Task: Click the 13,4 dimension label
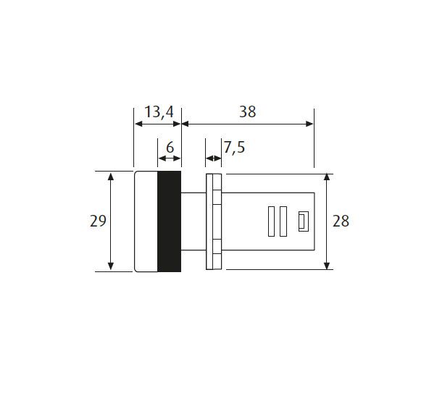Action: click(159, 112)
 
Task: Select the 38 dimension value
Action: click(248, 111)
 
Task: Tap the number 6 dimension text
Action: click(170, 148)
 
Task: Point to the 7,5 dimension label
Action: click(234, 148)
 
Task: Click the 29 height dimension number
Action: click(98, 221)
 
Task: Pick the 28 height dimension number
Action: click(341, 221)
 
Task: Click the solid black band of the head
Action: click(170, 221)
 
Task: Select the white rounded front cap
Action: click(146, 221)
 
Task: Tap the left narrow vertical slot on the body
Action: click(272, 221)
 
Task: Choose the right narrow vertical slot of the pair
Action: click(283, 221)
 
